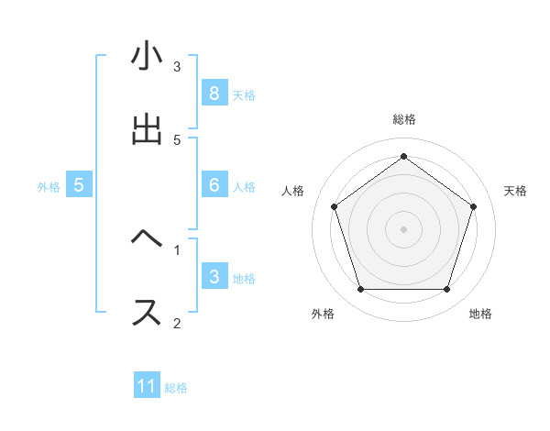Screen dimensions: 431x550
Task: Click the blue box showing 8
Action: (x=214, y=93)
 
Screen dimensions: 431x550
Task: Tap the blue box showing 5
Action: (x=79, y=185)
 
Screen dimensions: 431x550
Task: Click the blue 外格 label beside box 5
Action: (x=49, y=187)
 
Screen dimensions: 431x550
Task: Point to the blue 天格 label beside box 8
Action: (x=244, y=94)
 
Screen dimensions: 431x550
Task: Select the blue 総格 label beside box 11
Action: (x=176, y=388)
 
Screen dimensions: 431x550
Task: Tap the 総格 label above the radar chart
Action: (x=403, y=119)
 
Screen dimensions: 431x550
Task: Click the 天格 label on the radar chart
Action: (x=516, y=191)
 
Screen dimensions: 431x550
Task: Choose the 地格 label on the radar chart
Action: (x=480, y=314)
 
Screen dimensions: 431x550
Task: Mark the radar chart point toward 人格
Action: (x=334, y=206)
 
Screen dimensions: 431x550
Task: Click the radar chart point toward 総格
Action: (x=403, y=156)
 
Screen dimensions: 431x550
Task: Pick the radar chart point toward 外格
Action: (x=360, y=290)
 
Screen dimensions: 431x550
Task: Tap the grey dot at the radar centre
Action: (x=403, y=228)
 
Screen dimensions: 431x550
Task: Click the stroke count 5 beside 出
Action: (x=177, y=139)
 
